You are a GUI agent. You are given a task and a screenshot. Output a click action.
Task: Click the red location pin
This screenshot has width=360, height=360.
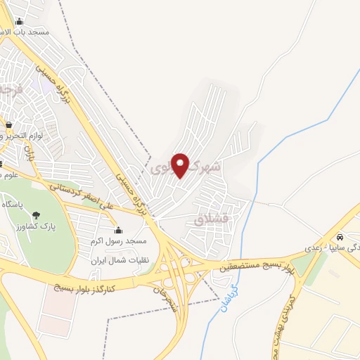click(x=181, y=165)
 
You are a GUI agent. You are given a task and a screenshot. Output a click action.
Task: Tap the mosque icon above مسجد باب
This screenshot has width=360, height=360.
click(x=19, y=22)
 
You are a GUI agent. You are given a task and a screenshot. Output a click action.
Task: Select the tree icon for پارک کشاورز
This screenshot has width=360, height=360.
click(x=36, y=215)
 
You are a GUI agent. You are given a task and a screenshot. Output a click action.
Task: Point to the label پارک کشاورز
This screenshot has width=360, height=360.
click(x=36, y=229)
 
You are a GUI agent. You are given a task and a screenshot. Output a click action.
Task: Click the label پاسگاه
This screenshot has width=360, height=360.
click(x=14, y=204)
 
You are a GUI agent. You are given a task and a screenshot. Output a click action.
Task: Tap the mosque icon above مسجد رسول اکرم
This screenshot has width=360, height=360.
click(x=117, y=230)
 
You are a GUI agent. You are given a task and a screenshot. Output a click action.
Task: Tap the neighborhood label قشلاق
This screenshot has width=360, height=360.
click(x=212, y=220)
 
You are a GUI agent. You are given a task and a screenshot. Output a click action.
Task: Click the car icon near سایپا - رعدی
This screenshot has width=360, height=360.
click(x=340, y=237)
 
